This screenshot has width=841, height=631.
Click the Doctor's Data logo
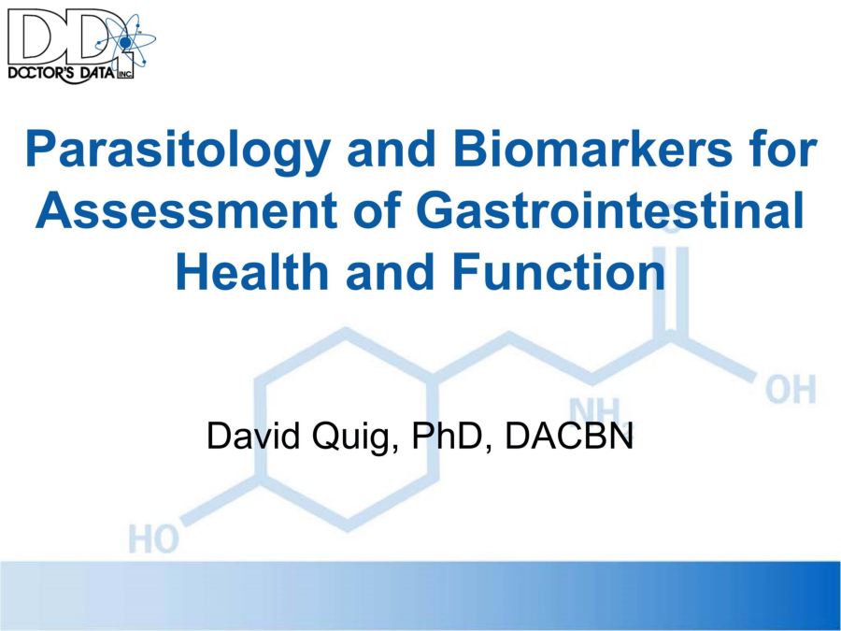tap(81, 46)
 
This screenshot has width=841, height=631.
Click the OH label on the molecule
tap(790, 389)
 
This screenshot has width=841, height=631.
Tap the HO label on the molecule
tap(154, 538)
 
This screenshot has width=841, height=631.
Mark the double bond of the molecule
tap(673, 291)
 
